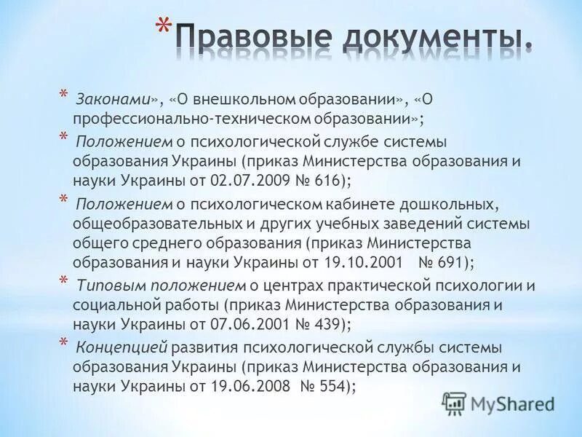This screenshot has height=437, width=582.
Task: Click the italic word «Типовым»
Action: coord(107,285)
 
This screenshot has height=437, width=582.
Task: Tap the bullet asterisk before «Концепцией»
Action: coord(63,345)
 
